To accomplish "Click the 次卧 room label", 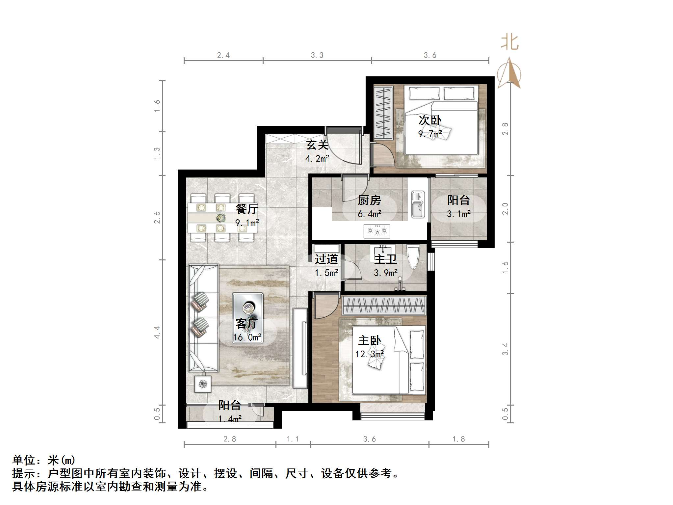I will pos(430,120).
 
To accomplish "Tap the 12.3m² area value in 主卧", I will pos(369,354).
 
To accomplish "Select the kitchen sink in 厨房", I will pos(418,205).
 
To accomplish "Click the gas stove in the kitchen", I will pos(377,231).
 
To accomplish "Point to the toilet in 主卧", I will pos(413,257).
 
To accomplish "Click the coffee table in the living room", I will pos(247,318).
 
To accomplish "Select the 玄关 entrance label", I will pos(317,145).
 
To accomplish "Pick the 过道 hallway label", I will pos(326,259).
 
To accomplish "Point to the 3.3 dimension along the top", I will pos(317,55).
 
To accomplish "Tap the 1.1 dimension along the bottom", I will pos(293,439).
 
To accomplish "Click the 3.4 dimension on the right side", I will pos(505,349).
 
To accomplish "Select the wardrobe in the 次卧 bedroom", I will pos(383,112).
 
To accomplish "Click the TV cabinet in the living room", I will pos(300,348).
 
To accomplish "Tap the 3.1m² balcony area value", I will pos(458,214).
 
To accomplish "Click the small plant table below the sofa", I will pos(202,384).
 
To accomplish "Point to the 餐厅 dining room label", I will pos(247,209).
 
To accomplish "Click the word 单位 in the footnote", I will pos(24,460).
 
